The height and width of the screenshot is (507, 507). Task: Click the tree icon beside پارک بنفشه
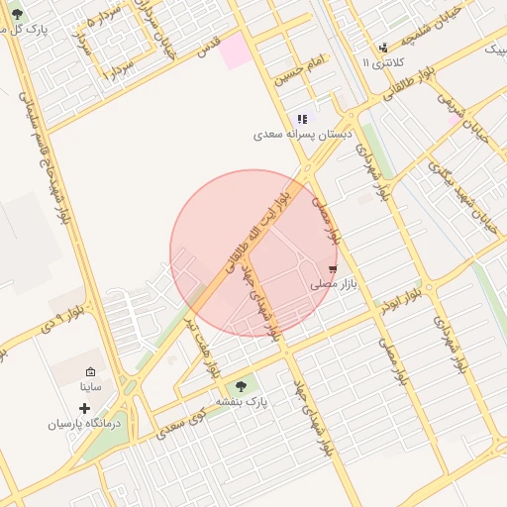click(x=240, y=386)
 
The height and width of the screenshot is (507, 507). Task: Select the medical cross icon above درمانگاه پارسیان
click(x=84, y=408)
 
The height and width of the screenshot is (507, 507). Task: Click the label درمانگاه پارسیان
click(x=84, y=424)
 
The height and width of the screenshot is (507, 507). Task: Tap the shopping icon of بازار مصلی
click(x=332, y=268)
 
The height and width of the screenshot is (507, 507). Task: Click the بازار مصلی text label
click(x=333, y=284)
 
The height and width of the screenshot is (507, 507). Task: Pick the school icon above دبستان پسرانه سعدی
click(x=302, y=119)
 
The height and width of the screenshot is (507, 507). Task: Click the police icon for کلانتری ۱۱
click(x=384, y=48)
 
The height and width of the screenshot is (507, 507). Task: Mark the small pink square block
click(x=236, y=51)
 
